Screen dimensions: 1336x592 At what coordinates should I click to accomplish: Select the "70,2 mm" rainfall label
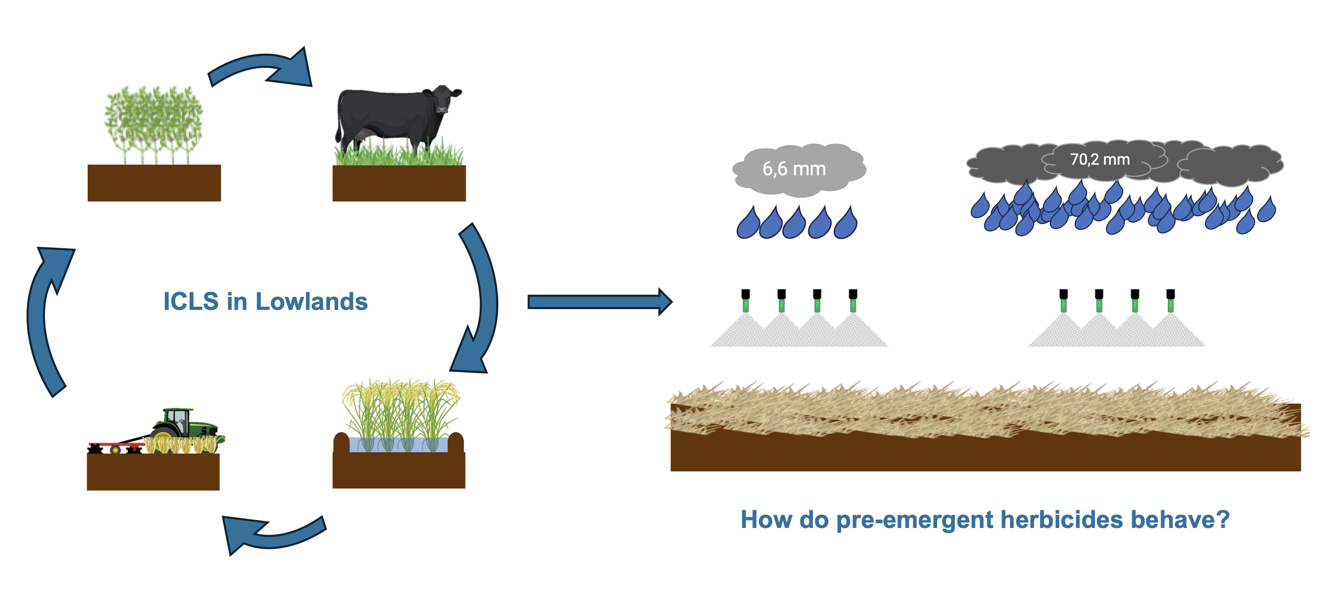click(x=1099, y=159)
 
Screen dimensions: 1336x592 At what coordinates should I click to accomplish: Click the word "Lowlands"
click(x=312, y=302)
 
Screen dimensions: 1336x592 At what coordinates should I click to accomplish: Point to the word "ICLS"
click(x=191, y=302)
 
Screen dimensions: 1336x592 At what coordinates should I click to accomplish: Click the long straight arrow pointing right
click(x=600, y=302)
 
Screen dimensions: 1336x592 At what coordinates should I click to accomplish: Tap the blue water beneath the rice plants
click(x=398, y=444)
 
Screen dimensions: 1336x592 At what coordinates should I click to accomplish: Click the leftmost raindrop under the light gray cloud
click(x=748, y=224)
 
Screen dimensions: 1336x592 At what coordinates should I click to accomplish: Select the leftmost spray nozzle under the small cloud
click(x=746, y=301)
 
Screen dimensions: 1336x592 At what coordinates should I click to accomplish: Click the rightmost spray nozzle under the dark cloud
click(x=1170, y=301)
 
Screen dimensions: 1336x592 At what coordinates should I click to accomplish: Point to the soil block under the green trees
click(x=154, y=183)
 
